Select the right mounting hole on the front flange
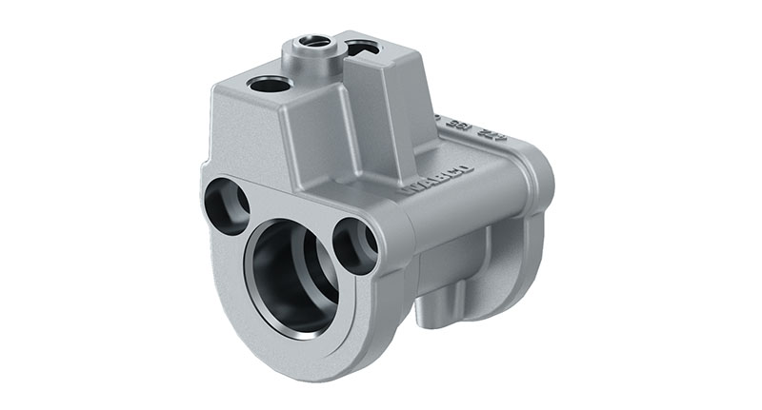tap(355, 245)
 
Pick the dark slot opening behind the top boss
tap(362, 47)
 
